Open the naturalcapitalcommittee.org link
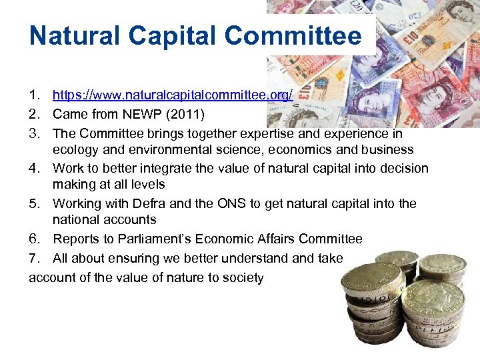tap(173, 95)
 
